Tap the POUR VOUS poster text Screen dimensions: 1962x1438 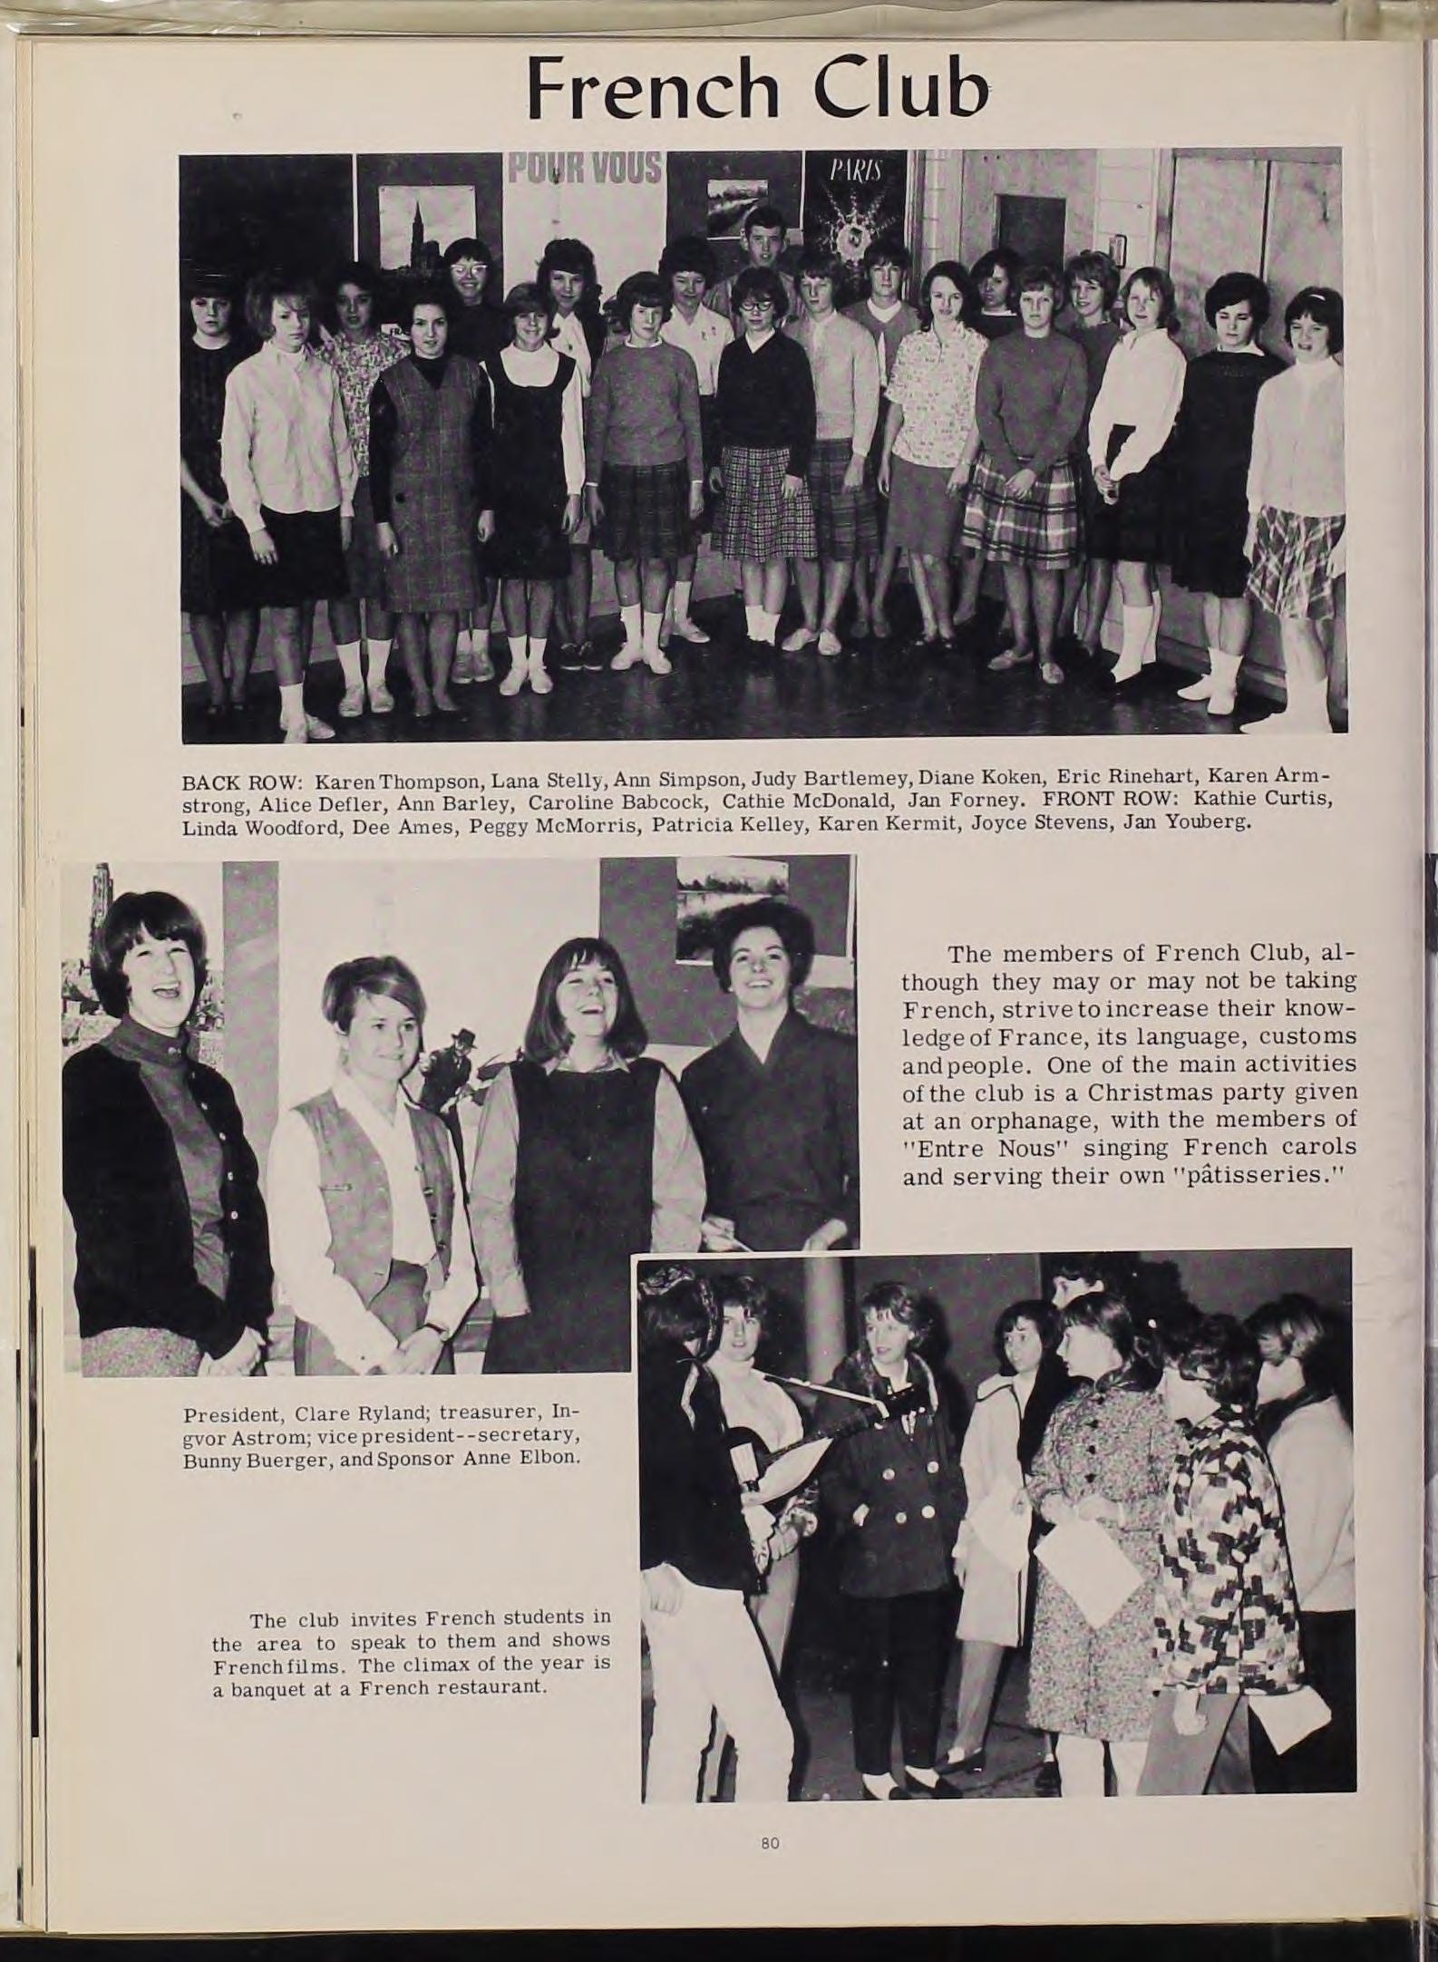click(x=585, y=169)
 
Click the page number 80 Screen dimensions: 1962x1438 click(x=771, y=1816)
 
